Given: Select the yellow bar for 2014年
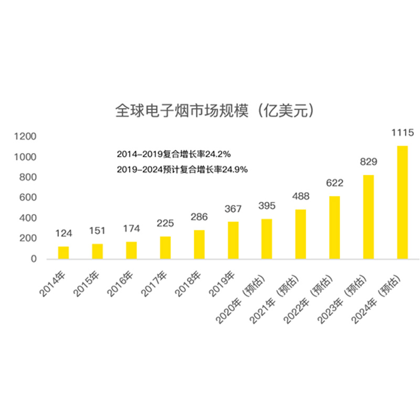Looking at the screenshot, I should (63, 253).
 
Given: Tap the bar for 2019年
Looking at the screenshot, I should (233, 240).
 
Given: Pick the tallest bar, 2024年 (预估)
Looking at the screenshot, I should (402, 202).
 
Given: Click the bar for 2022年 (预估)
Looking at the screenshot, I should (334, 227).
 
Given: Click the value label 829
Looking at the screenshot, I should (369, 162).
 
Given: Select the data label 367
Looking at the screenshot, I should (233, 208).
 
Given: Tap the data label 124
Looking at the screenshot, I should (64, 233).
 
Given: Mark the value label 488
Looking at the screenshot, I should (301, 196).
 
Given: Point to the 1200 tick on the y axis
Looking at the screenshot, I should (25, 136).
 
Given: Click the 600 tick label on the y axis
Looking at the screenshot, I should (27, 197).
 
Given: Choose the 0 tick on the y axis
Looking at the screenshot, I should (34, 259).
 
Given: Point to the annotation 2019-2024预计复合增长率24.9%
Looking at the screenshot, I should (182, 170).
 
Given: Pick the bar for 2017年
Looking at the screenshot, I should (165, 248).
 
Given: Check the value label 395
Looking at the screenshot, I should (267, 205).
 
